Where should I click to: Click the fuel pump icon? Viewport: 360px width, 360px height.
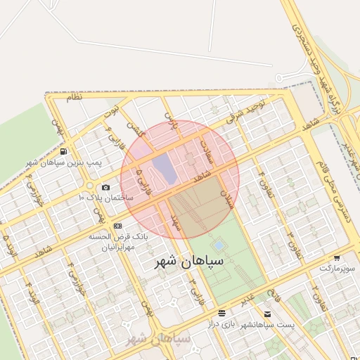coord(64,151)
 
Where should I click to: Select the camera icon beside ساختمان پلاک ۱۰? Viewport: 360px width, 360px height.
coord(105,187)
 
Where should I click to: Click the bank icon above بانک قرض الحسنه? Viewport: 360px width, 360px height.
coord(117,226)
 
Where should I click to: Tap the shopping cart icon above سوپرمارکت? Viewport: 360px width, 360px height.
coord(337,258)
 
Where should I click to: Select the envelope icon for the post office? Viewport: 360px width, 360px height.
coord(267,314)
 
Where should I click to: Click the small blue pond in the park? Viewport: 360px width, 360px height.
coord(219,245)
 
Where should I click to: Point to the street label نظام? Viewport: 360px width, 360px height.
coord(74,98)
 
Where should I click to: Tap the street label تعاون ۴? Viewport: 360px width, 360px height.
coord(262,176)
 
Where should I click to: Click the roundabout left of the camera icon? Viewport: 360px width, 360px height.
coord(90,186)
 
